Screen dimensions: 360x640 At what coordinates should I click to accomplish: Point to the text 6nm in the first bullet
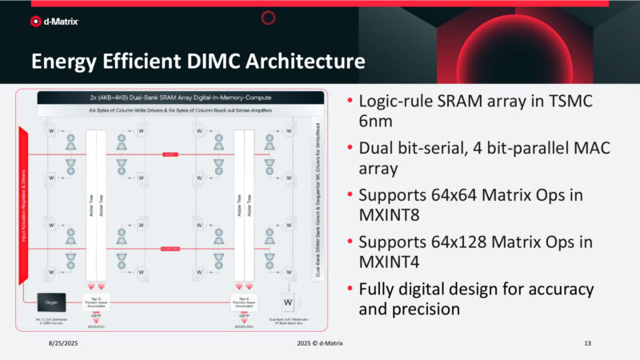coord(378,122)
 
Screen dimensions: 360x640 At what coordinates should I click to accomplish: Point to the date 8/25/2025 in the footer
coord(60,343)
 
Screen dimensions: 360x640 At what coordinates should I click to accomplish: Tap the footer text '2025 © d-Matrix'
coord(320,343)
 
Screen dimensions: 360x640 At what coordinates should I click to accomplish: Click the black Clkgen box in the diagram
coord(51,302)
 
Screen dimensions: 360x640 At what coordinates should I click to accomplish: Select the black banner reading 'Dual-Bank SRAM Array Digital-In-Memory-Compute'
coord(180,96)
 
